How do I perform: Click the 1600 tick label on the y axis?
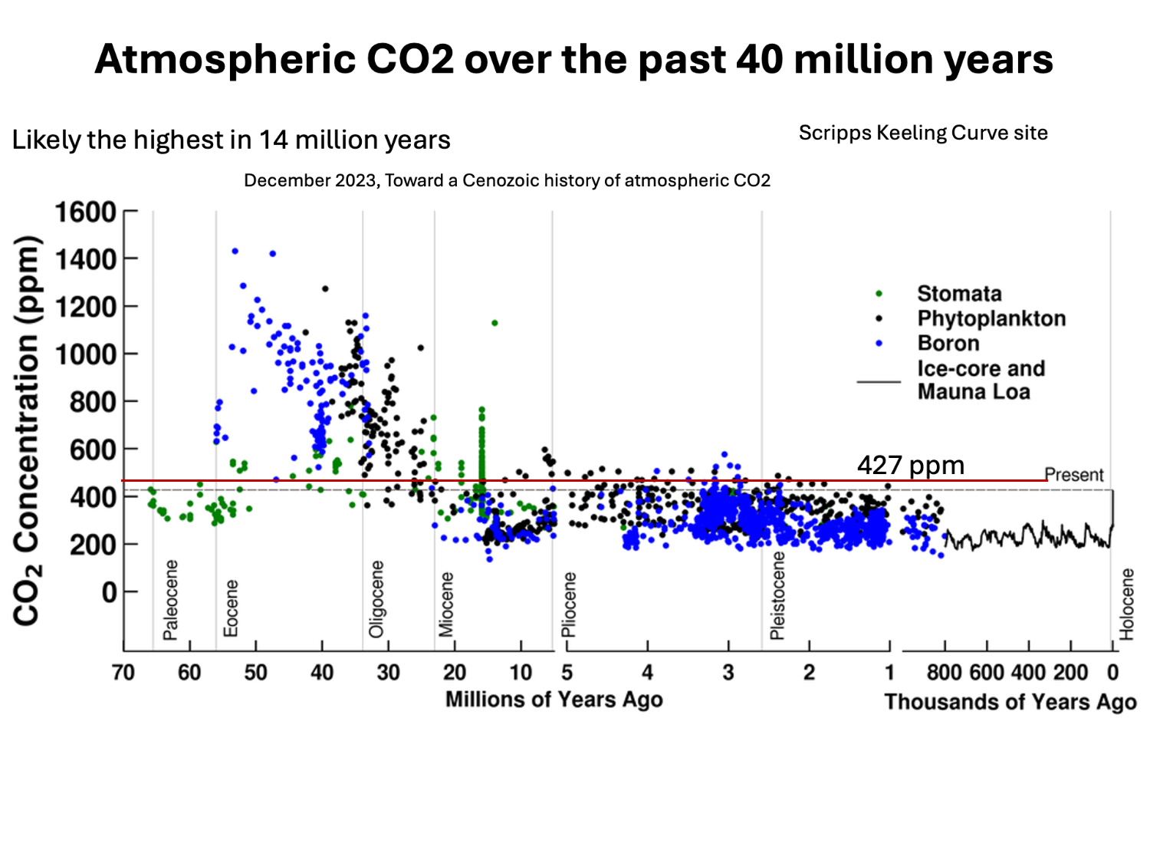(85, 212)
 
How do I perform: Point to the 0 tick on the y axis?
(109, 591)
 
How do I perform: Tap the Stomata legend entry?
(959, 294)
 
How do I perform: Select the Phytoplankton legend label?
(991, 318)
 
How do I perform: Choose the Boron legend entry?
(948, 343)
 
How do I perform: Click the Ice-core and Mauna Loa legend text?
(981, 380)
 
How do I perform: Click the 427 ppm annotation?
(910, 465)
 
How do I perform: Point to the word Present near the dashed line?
(1074, 475)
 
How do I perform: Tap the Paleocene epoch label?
(170, 599)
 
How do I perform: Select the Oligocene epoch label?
(376, 599)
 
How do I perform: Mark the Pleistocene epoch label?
(777, 595)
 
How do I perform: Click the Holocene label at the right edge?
(1126, 604)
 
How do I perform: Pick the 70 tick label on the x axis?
(123, 673)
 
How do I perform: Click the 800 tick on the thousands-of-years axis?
(944, 673)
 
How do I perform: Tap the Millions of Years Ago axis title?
(554, 700)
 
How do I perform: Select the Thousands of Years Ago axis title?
(1010, 702)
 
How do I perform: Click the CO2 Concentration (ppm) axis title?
(27, 430)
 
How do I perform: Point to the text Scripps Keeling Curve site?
(923, 133)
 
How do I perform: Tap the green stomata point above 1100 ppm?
(495, 323)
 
